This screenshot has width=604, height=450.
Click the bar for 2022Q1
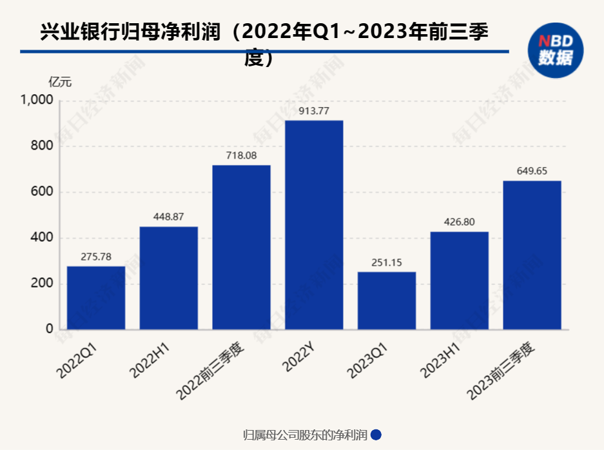click(x=96, y=298)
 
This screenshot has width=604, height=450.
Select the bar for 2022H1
click(x=168, y=278)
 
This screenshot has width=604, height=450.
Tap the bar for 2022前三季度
click(x=241, y=248)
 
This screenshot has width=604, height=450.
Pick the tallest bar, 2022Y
click(x=314, y=225)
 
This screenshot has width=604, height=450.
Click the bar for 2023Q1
click(x=387, y=300)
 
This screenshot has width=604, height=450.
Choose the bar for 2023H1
click(x=459, y=280)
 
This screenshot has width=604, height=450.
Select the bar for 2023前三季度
click(x=532, y=255)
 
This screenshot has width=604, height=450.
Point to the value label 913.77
click(x=314, y=111)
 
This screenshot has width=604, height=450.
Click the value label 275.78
click(x=96, y=257)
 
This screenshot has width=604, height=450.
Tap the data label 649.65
click(x=532, y=171)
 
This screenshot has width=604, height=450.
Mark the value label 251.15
click(x=387, y=262)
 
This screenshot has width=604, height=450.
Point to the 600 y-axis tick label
click(x=41, y=192)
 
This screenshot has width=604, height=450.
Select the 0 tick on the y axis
click(x=49, y=329)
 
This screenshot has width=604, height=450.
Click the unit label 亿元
click(x=60, y=82)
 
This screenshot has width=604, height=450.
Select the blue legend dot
click(x=376, y=435)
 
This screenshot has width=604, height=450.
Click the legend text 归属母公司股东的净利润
click(x=305, y=435)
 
